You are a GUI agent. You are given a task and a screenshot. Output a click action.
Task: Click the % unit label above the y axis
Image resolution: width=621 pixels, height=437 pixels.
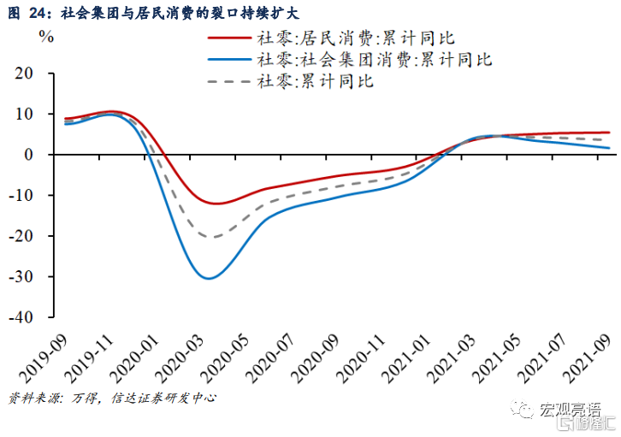pyautogui.click(x=47, y=37)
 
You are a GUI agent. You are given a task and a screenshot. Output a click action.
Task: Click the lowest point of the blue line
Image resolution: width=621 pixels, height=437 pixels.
pyautogui.click(x=209, y=278)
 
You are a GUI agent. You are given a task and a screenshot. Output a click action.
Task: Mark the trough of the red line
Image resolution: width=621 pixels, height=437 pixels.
pyautogui.click(x=215, y=204)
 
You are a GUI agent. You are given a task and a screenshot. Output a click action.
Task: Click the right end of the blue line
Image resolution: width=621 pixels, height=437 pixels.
pyautogui.click(x=609, y=148)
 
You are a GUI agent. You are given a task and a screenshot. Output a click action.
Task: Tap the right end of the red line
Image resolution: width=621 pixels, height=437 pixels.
pyautogui.click(x=609, y=133)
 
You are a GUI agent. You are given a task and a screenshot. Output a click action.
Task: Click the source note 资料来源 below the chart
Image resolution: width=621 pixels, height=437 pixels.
pyautogui.click(x=111, y=398)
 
